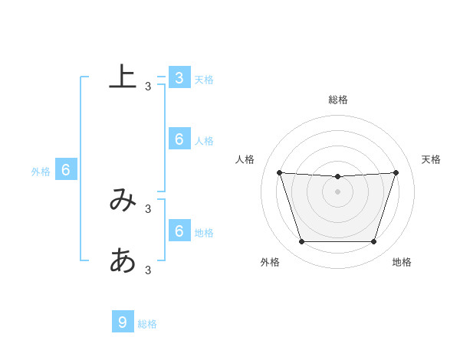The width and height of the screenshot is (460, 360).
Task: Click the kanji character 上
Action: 123,77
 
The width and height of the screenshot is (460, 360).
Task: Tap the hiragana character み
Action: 123,201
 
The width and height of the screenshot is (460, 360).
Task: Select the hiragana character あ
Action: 123,261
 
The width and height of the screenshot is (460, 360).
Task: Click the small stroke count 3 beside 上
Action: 148,87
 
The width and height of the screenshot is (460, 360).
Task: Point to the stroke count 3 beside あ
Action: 148,270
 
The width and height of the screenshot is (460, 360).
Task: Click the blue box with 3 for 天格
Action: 179,77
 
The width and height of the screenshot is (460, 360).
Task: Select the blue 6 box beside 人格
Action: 179,139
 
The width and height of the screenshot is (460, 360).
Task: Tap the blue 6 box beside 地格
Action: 179,231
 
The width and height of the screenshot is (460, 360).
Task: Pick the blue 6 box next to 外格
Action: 66,170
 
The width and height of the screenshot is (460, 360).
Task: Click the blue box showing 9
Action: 123,322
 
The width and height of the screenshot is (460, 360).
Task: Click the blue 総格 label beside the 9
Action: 147,324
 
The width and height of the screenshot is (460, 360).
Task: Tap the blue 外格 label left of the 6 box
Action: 41,172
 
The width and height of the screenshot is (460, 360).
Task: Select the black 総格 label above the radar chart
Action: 337,100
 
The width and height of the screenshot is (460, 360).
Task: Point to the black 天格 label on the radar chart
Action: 431,159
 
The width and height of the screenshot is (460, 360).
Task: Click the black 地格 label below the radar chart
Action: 402,262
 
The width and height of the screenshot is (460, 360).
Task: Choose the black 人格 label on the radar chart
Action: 245,159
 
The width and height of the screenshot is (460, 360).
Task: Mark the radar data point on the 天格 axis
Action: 396,172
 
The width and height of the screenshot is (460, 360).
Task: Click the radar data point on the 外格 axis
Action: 301,242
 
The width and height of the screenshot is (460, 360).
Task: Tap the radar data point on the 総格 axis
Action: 337,177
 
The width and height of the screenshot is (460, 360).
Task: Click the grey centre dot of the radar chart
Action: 337,191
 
